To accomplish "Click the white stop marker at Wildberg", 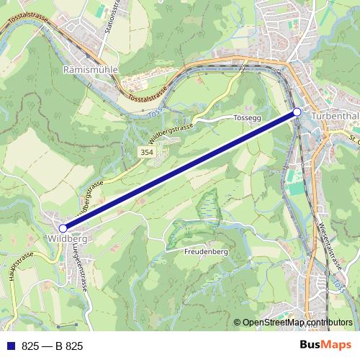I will coord(63,228).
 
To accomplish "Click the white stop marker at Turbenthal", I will coord(297,112).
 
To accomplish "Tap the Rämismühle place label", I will coord(90,70).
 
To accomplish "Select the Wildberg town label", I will coord(69,238).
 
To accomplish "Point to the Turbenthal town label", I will coord(335,114).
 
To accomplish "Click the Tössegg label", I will coord(247,117).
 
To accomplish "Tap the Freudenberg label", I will coord(205,252).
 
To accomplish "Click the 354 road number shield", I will coord(147,153).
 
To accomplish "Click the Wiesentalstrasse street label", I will coord(328,246).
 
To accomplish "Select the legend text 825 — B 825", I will coord(53,346).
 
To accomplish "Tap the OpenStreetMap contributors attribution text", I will coord(297,323).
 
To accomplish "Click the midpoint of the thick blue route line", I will coord(180,171).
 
